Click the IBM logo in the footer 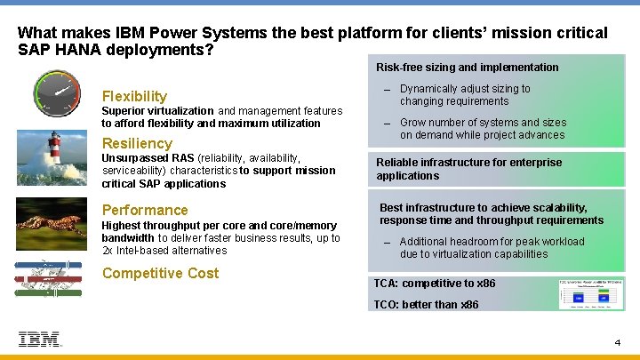pyautogui.click(x=40, y=339)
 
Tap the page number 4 pyautogui.click(x=617, y=342)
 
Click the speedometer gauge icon pyautogui.click(x=57, y=95)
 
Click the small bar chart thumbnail pyautogui.click(x=590, y=294)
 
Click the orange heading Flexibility pyautogui.click(x=134, y=96)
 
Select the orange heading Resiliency pyautogui.click(x=137, y=143)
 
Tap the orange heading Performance pyautogui.click(x=145, y=210)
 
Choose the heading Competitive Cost pyautogui.click(x=160, y=273)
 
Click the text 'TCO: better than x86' pyautogui.click(x=426, y=304)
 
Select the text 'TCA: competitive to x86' pyautogui.click(x=435, y=284)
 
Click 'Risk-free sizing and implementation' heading pyautogui.click(x=467, y=68)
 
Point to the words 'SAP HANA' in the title pyautogui.click(x=56, y=50)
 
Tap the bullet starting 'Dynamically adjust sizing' pyautogui.click(x=465, y=95)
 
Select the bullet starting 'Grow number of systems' pyautogui.click(x=482, y=129)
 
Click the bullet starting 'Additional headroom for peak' pyautogui.click(x=492, y=247)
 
